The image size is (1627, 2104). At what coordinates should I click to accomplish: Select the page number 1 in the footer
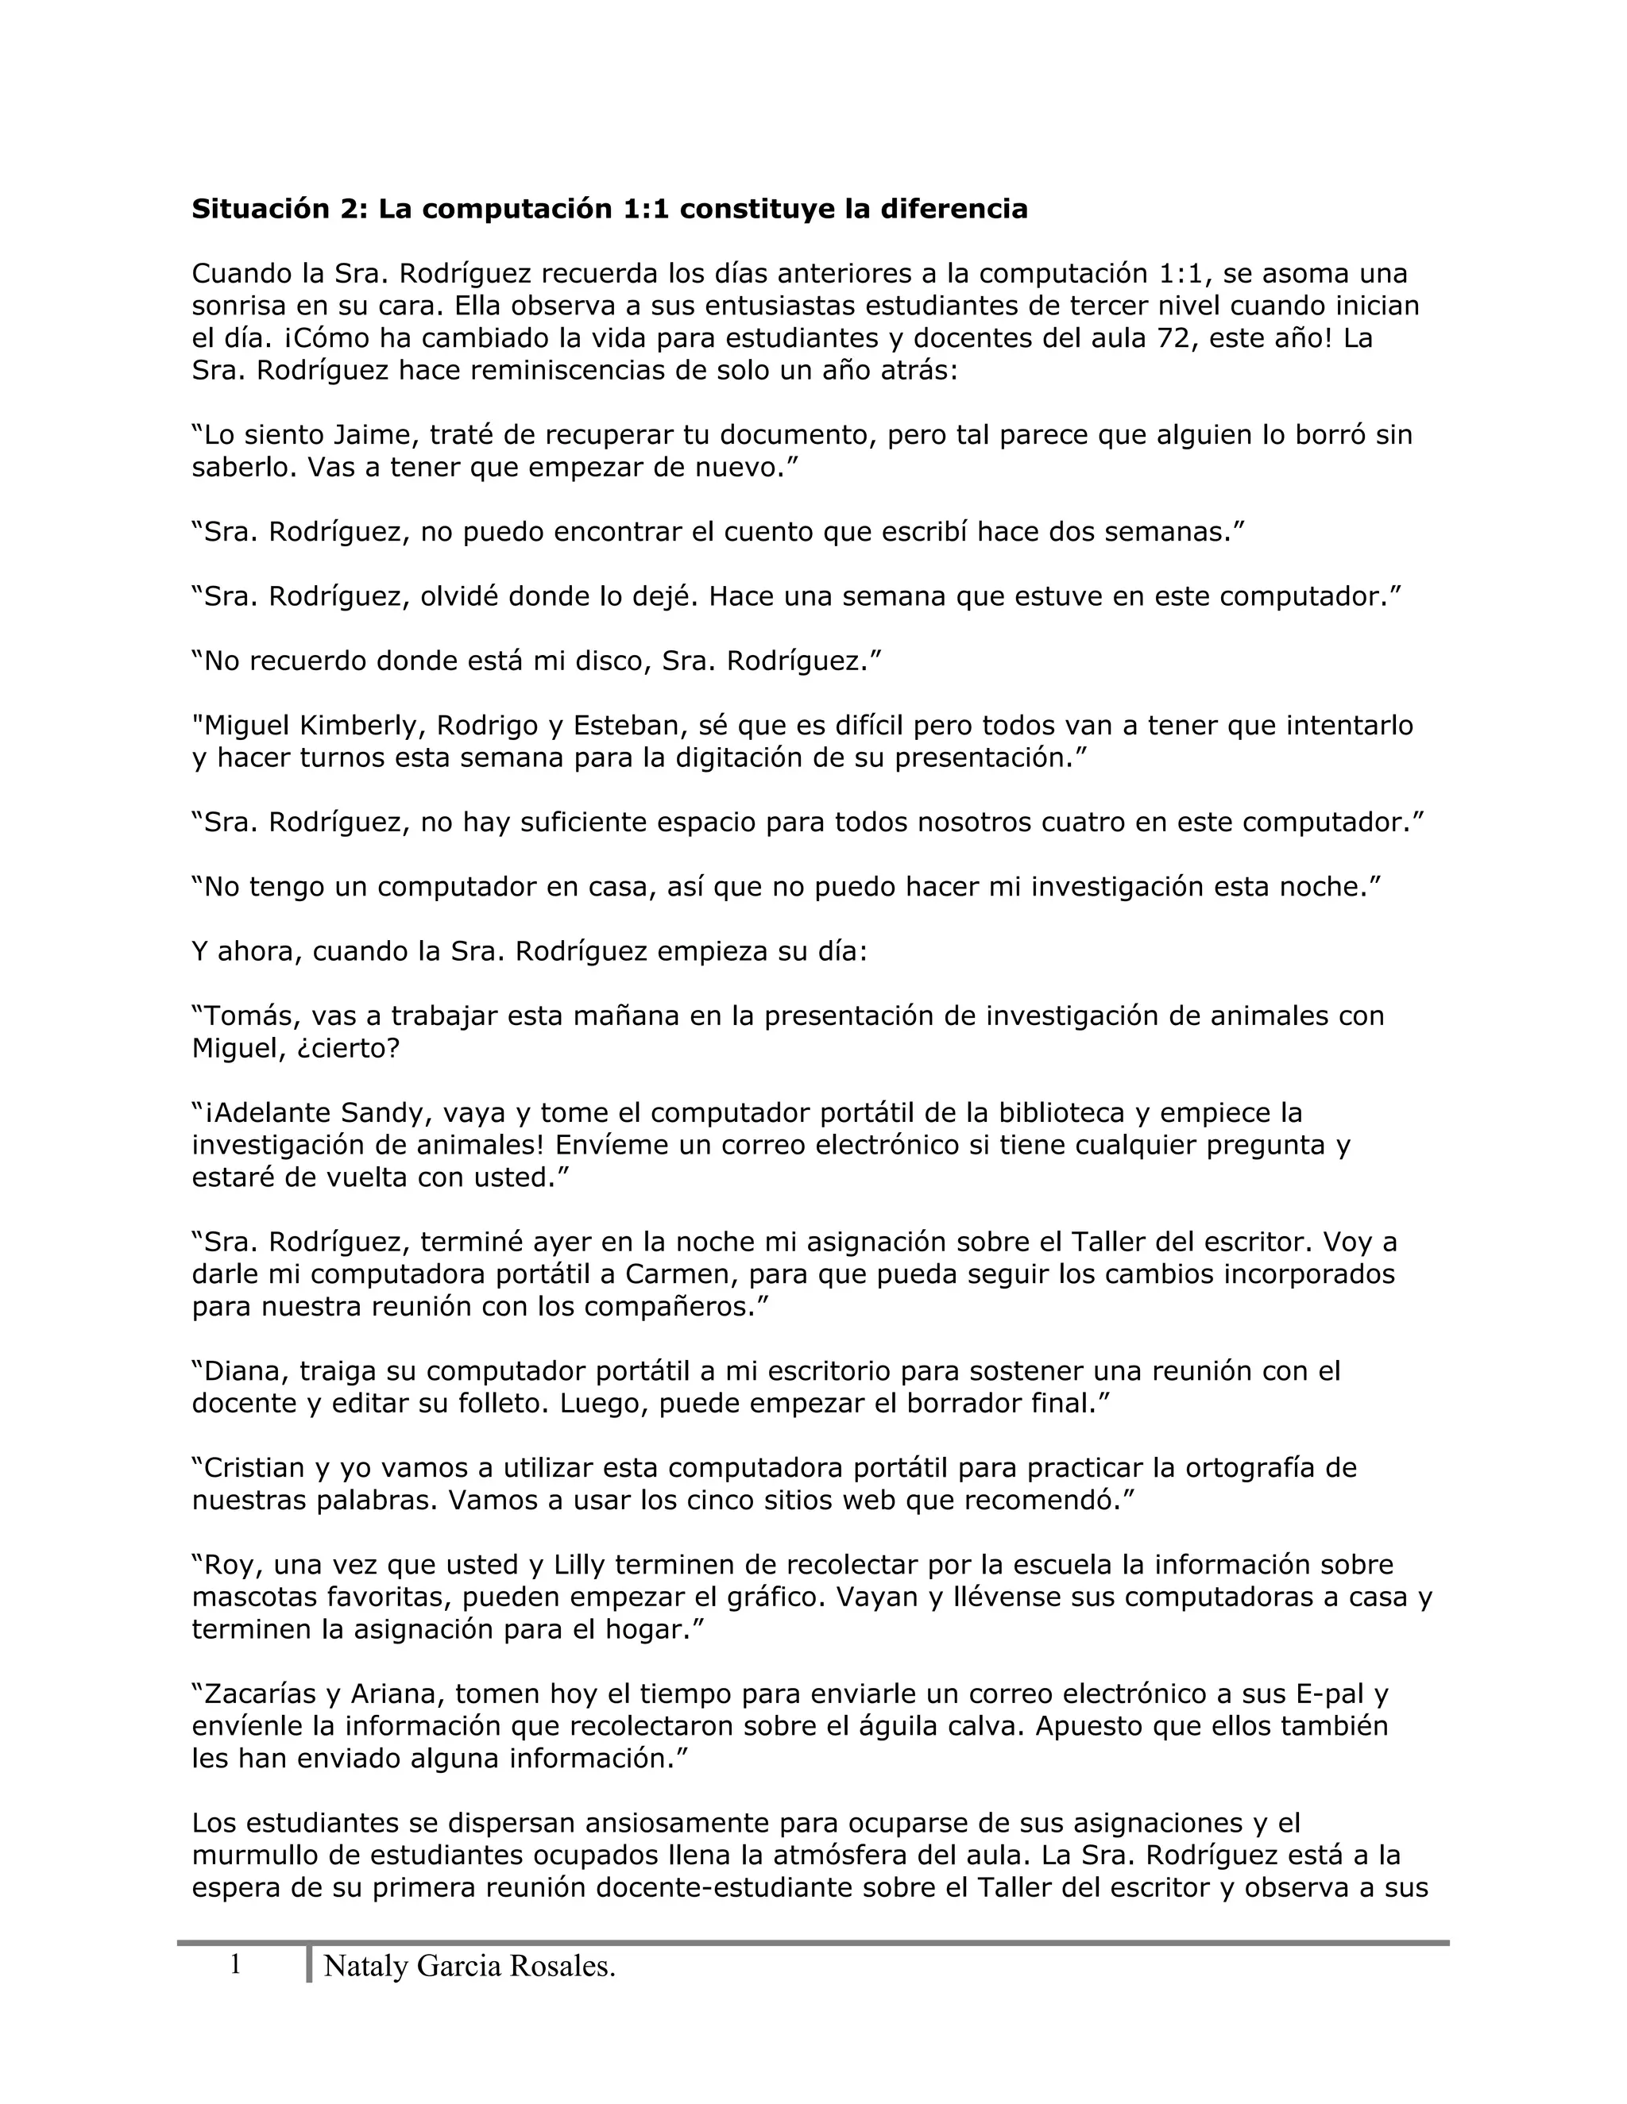point(235,1965)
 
